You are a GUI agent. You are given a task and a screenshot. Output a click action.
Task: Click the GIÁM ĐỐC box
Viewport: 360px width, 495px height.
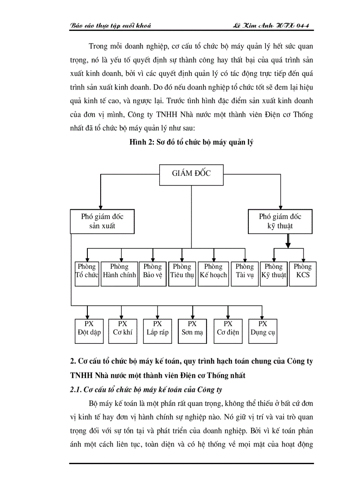click(x=191, y=173)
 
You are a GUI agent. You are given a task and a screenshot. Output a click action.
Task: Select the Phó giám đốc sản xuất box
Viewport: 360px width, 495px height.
click(x=102, y=221)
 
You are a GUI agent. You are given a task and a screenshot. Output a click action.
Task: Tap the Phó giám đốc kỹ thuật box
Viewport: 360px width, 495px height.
click(x=280, y=221)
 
